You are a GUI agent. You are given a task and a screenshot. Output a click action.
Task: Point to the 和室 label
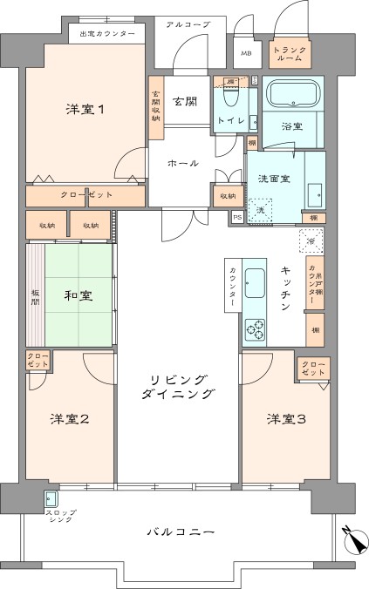click(x=79, y=296)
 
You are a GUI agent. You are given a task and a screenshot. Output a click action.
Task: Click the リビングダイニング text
click(x=179, y=387)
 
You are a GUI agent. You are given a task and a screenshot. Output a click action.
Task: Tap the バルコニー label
click(x=179, y=531)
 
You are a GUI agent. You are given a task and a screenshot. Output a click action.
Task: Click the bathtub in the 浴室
click(x=293, y=95)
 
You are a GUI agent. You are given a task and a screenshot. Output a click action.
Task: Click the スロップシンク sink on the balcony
click(x=51, y=499)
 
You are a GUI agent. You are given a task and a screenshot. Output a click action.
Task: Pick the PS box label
click(x=236, y=218)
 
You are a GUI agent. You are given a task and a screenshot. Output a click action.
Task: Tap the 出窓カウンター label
click(x=107, y=33)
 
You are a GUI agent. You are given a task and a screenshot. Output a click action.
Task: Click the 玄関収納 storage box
click(x=156, y=109)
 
